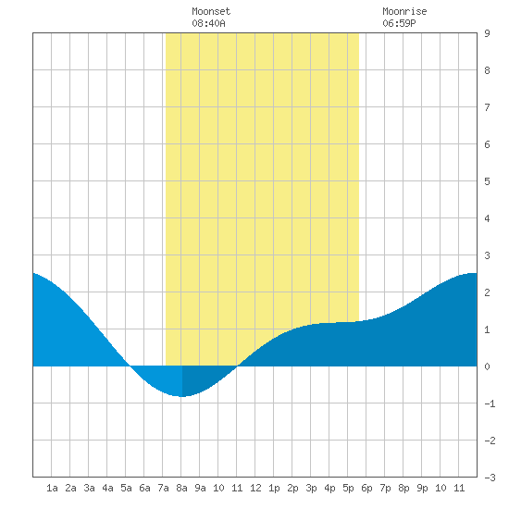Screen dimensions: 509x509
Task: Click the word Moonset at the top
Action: [211, 11]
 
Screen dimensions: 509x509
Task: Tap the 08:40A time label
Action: [208, 23]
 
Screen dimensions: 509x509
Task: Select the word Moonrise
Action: [404, 11]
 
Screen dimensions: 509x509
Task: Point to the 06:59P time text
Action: [399, 23]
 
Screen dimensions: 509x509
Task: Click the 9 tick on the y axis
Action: [487, 33]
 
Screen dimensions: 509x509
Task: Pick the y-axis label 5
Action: [487, 181]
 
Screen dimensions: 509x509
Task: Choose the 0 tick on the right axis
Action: [487, 366]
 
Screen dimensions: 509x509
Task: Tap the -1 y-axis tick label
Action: [490, 403]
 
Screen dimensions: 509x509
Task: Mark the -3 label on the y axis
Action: [490, 478]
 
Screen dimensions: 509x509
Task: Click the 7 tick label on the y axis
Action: [487, 107]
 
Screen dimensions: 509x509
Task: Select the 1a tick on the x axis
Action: [52, 488]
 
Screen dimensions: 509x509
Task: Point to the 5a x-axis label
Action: [126, 488]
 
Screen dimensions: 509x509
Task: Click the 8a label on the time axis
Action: [181, 488]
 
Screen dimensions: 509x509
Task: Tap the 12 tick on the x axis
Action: [255, 488]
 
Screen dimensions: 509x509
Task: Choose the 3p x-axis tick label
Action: [311, 488]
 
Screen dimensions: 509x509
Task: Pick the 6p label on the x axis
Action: [366, 488]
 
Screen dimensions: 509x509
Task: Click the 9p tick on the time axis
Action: [422, 488]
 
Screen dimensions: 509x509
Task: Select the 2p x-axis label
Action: [292, 488]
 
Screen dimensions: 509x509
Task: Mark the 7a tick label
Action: [163, 488]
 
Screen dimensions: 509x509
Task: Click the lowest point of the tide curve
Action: [182, 396]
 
